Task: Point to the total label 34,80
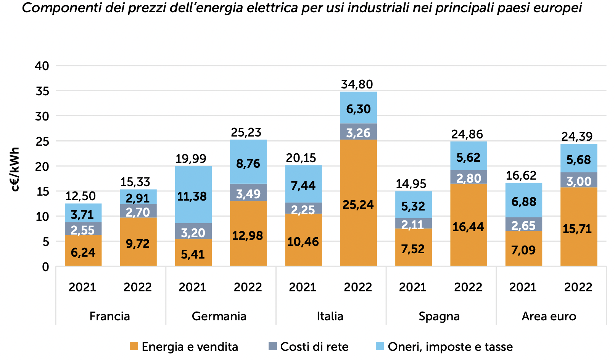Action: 357,84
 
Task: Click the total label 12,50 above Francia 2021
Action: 80,196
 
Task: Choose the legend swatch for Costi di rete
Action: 272,346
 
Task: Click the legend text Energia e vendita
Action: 190,347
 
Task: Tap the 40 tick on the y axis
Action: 42,66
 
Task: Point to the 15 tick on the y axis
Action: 42,191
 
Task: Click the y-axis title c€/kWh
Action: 15,169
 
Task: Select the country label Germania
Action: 219,316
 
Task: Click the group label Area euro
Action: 549,316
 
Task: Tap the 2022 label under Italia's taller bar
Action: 358,287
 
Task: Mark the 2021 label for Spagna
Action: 413,287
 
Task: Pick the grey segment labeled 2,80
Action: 468,177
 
